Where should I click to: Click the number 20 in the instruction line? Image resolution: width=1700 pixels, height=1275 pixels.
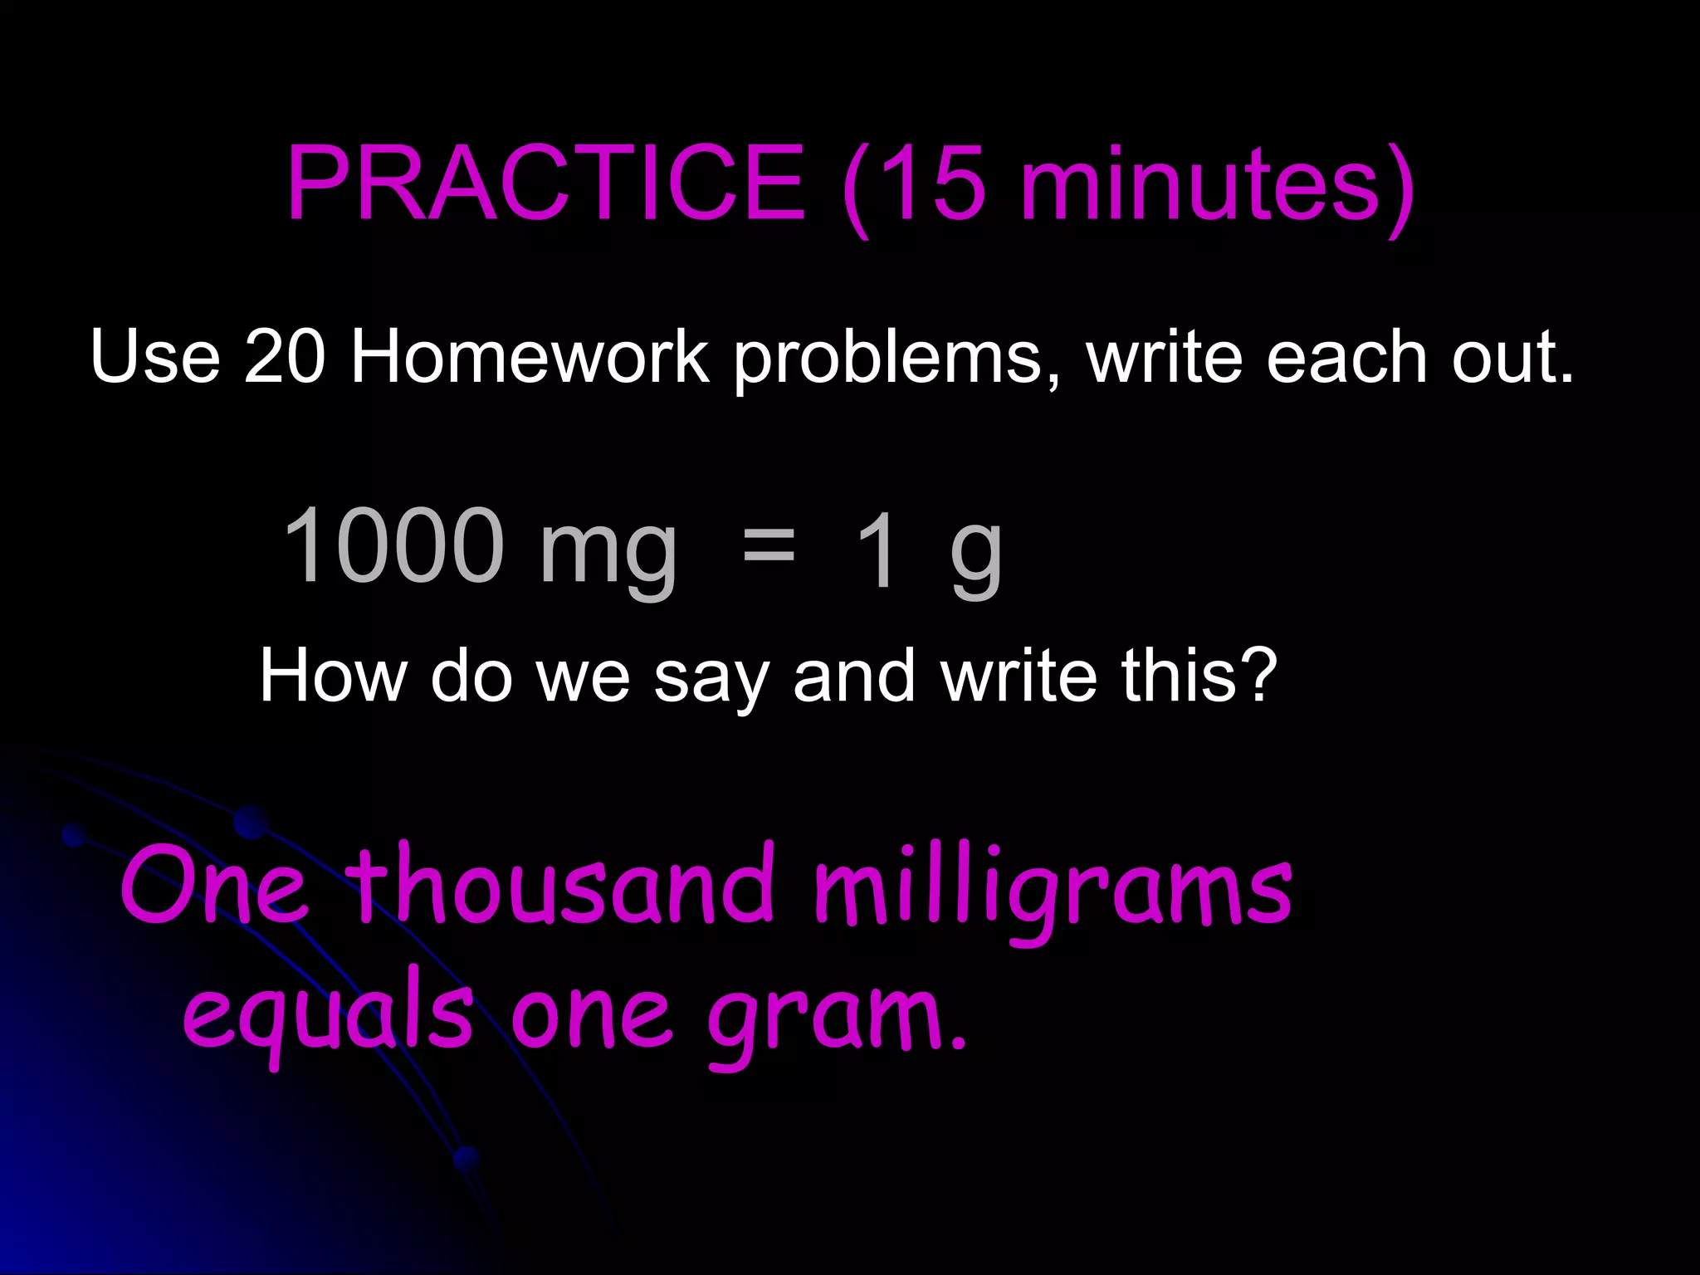click(x=285, y=357)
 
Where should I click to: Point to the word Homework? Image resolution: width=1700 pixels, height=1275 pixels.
click(x=530, y=357)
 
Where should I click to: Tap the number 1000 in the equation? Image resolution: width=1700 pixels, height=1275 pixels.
click(x=393, y=546)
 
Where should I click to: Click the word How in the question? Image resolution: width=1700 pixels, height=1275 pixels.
click(x=332, y=677)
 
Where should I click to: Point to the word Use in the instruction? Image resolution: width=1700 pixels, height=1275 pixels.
click(x=155, y=357)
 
